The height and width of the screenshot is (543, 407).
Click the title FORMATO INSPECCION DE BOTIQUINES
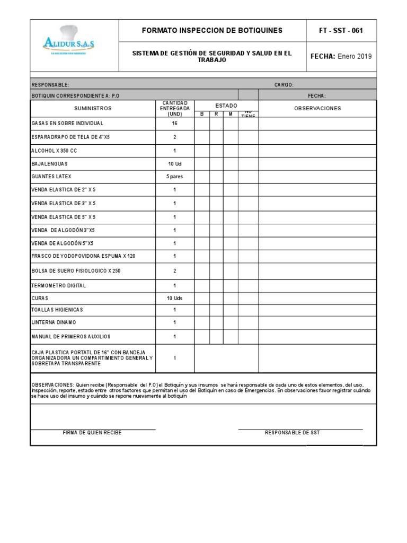click(x=212, y=30)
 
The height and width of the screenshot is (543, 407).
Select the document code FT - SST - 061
click(x=341, y=30)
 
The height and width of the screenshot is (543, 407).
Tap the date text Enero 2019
click(x=355, y=57)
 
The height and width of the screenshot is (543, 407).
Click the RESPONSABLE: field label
click(x=50, y=85)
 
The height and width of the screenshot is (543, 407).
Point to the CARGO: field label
click(x=284, y=85)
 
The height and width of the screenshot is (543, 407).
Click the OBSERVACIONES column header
click(x=317, y=108)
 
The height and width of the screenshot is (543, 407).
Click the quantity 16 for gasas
click(x=174, y=123)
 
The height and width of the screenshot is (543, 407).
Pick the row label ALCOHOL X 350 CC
click(x=55, y=151)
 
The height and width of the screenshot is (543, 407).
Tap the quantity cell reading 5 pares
click(x=174, y=177)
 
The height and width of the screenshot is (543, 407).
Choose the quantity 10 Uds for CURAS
click(x=174, y=299)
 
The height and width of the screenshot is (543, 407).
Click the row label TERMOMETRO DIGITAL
click(x=59, y=285)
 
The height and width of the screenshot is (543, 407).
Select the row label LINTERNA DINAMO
click(x=54, y=322)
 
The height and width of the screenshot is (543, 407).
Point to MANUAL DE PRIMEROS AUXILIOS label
click(x=71, y=337)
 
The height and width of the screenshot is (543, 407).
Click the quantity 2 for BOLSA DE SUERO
click(x=174, y=270)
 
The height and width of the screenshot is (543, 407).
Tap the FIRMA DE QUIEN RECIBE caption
click(x=92, y=433)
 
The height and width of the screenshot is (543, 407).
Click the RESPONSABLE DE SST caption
click(x=292, y=433)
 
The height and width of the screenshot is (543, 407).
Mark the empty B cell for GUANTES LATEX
click(x=201, y=177)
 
